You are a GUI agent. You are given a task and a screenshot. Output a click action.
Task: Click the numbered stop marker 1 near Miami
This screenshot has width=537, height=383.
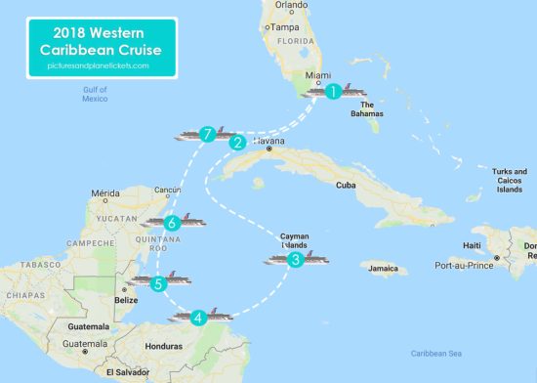pos(333,92)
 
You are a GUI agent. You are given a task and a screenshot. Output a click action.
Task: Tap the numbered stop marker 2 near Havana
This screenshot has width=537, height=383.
pos(236,142)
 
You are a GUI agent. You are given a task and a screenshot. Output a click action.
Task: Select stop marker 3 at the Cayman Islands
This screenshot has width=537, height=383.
pos(295,260)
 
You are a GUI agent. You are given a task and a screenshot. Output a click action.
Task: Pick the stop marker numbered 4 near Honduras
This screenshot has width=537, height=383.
pos(198,317)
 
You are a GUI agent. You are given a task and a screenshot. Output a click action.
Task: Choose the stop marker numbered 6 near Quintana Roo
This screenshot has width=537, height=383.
pos(172,223)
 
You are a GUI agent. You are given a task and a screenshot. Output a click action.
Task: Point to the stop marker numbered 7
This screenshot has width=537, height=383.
pos(206,134)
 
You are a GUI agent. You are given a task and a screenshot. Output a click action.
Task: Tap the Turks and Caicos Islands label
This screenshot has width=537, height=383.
pos(508,180)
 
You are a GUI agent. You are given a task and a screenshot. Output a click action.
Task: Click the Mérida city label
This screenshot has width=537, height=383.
pos(105,193)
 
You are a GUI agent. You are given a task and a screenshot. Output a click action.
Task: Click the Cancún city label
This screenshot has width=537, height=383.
pos(167,190)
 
